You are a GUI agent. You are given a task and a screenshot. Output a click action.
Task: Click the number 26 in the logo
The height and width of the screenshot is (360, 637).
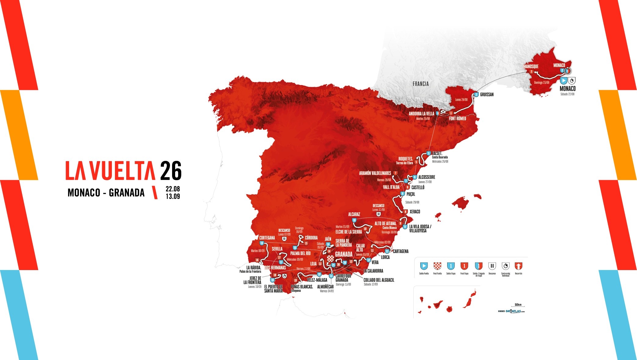tap(171, 171)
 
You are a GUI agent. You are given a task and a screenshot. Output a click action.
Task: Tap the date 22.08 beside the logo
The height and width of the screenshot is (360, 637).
tap(173, 189)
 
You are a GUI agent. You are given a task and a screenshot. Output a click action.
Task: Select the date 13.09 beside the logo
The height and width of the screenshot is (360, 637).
tap(173, 196)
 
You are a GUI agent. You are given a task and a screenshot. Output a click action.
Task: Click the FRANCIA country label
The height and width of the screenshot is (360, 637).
tap(421, 84)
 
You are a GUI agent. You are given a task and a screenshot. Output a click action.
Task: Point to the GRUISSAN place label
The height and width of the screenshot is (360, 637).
tap(487, 95)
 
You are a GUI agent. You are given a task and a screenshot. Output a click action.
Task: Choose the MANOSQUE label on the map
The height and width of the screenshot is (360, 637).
tap(531, 66)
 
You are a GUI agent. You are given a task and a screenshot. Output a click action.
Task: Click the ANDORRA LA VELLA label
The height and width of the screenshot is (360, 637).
tap(422, 114)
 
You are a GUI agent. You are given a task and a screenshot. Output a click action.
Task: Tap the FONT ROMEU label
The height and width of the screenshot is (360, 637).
tap(457, 118)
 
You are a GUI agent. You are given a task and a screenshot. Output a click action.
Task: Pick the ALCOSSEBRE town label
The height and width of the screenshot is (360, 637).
tap(426, 177)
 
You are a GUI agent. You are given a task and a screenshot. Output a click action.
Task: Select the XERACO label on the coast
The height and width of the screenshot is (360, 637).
tap(415, 212)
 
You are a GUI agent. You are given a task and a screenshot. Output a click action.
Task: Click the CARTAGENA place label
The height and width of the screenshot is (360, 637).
tap(400, 251)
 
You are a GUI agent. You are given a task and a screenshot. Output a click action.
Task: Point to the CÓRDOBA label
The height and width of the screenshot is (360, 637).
tap(311, 238)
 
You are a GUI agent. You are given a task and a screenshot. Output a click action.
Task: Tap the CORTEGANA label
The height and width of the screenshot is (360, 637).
tap(267, 238)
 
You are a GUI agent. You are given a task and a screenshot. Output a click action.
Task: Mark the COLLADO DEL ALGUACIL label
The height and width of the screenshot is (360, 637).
tap(379, 280)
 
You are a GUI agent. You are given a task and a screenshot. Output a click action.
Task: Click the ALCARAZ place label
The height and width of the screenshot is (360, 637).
tap(354, 214)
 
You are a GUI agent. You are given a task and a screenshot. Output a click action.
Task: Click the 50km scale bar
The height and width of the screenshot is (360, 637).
tap(518, 306)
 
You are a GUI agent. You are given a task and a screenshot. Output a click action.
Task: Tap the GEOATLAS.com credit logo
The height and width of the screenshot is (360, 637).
tap(514, 311)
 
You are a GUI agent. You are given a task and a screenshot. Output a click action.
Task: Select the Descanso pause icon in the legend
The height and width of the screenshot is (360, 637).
tap(492, 266)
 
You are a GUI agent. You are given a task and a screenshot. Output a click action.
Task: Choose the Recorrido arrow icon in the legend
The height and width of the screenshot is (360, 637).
tap(518, 266)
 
